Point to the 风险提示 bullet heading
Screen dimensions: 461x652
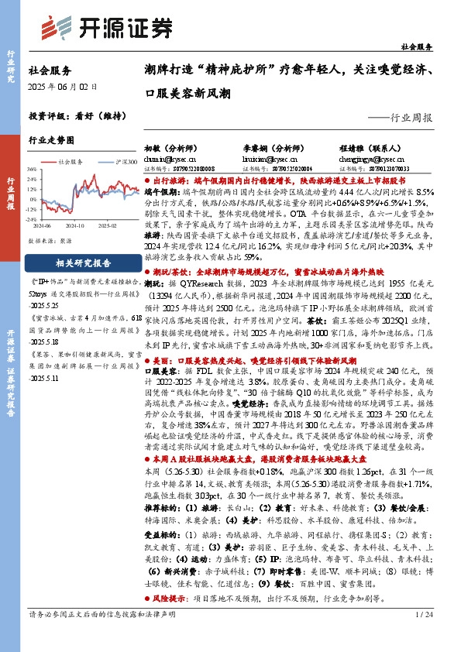point(171,599)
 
